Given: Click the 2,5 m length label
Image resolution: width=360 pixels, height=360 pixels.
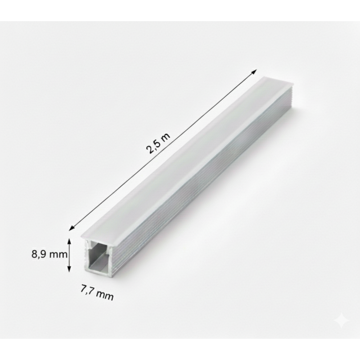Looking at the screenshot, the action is pos(158,143).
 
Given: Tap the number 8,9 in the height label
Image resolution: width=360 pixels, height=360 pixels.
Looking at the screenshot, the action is pos(39,254).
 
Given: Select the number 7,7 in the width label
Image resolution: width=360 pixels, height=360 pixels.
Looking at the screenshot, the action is pos(87,290).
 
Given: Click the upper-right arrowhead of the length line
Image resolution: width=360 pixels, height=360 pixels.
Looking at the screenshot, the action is pos(254,72).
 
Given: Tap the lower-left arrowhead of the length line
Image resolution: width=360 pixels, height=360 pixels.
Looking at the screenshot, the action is pos(72,227).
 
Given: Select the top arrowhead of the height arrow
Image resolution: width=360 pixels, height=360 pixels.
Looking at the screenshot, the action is pos(70,241).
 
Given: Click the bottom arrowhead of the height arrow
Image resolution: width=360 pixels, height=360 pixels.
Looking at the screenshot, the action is pos(70,269).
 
